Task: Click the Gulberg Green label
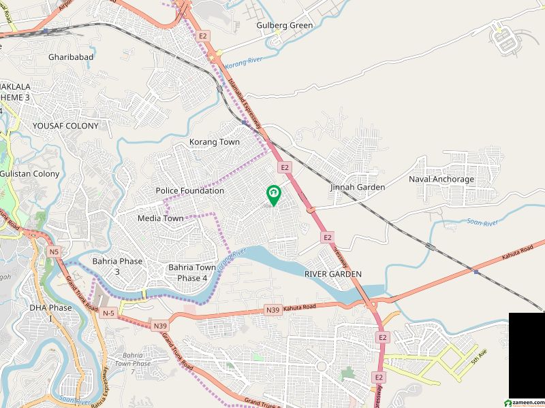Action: tap(285, 26)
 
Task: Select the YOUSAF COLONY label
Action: tap(65, 126)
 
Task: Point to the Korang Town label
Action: tap(215, 142)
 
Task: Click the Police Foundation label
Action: tap(189, 191)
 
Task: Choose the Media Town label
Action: tap(160, 218)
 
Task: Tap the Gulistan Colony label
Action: tap(29, 174)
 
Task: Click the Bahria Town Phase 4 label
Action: tap(192, 273)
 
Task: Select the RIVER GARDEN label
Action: tap(333, 273)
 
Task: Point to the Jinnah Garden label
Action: tap(358, 187)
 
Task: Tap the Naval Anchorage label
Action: tap(441, 180)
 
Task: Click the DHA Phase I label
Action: tap(50, 313)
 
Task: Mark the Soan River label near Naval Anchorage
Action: tap(482, 222)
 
